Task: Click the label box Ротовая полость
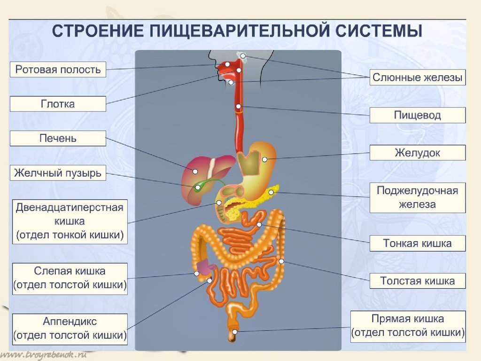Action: [58, 70]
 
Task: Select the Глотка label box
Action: [58, 104]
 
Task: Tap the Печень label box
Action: [58, 139]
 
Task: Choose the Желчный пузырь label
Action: [58, 173]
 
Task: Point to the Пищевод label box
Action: [418, 115]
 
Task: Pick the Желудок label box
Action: [418, 153]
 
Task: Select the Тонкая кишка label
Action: [418, 243]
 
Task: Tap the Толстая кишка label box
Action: [418, 281]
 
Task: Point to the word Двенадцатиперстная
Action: [70, 207]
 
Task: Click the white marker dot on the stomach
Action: [264, 160]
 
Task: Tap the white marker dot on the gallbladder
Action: [198, 188]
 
